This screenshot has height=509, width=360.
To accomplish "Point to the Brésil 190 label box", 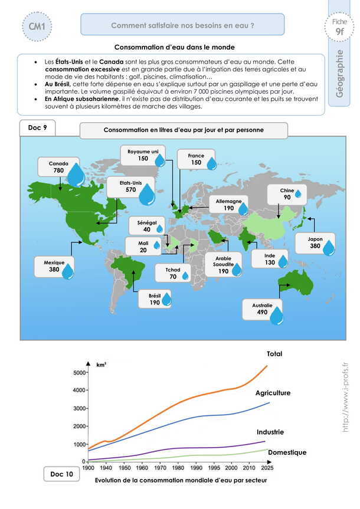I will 155,298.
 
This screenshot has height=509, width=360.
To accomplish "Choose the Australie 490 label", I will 263,310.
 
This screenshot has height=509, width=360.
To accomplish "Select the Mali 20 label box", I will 143,246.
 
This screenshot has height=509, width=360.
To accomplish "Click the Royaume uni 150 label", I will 143,156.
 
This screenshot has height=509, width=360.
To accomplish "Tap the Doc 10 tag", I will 62,475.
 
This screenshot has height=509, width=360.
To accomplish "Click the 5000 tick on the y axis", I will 80,372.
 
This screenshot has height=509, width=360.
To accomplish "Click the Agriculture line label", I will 273,392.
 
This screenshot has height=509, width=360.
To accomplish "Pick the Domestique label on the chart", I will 287,452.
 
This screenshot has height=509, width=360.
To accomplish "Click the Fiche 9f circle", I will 339,27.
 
